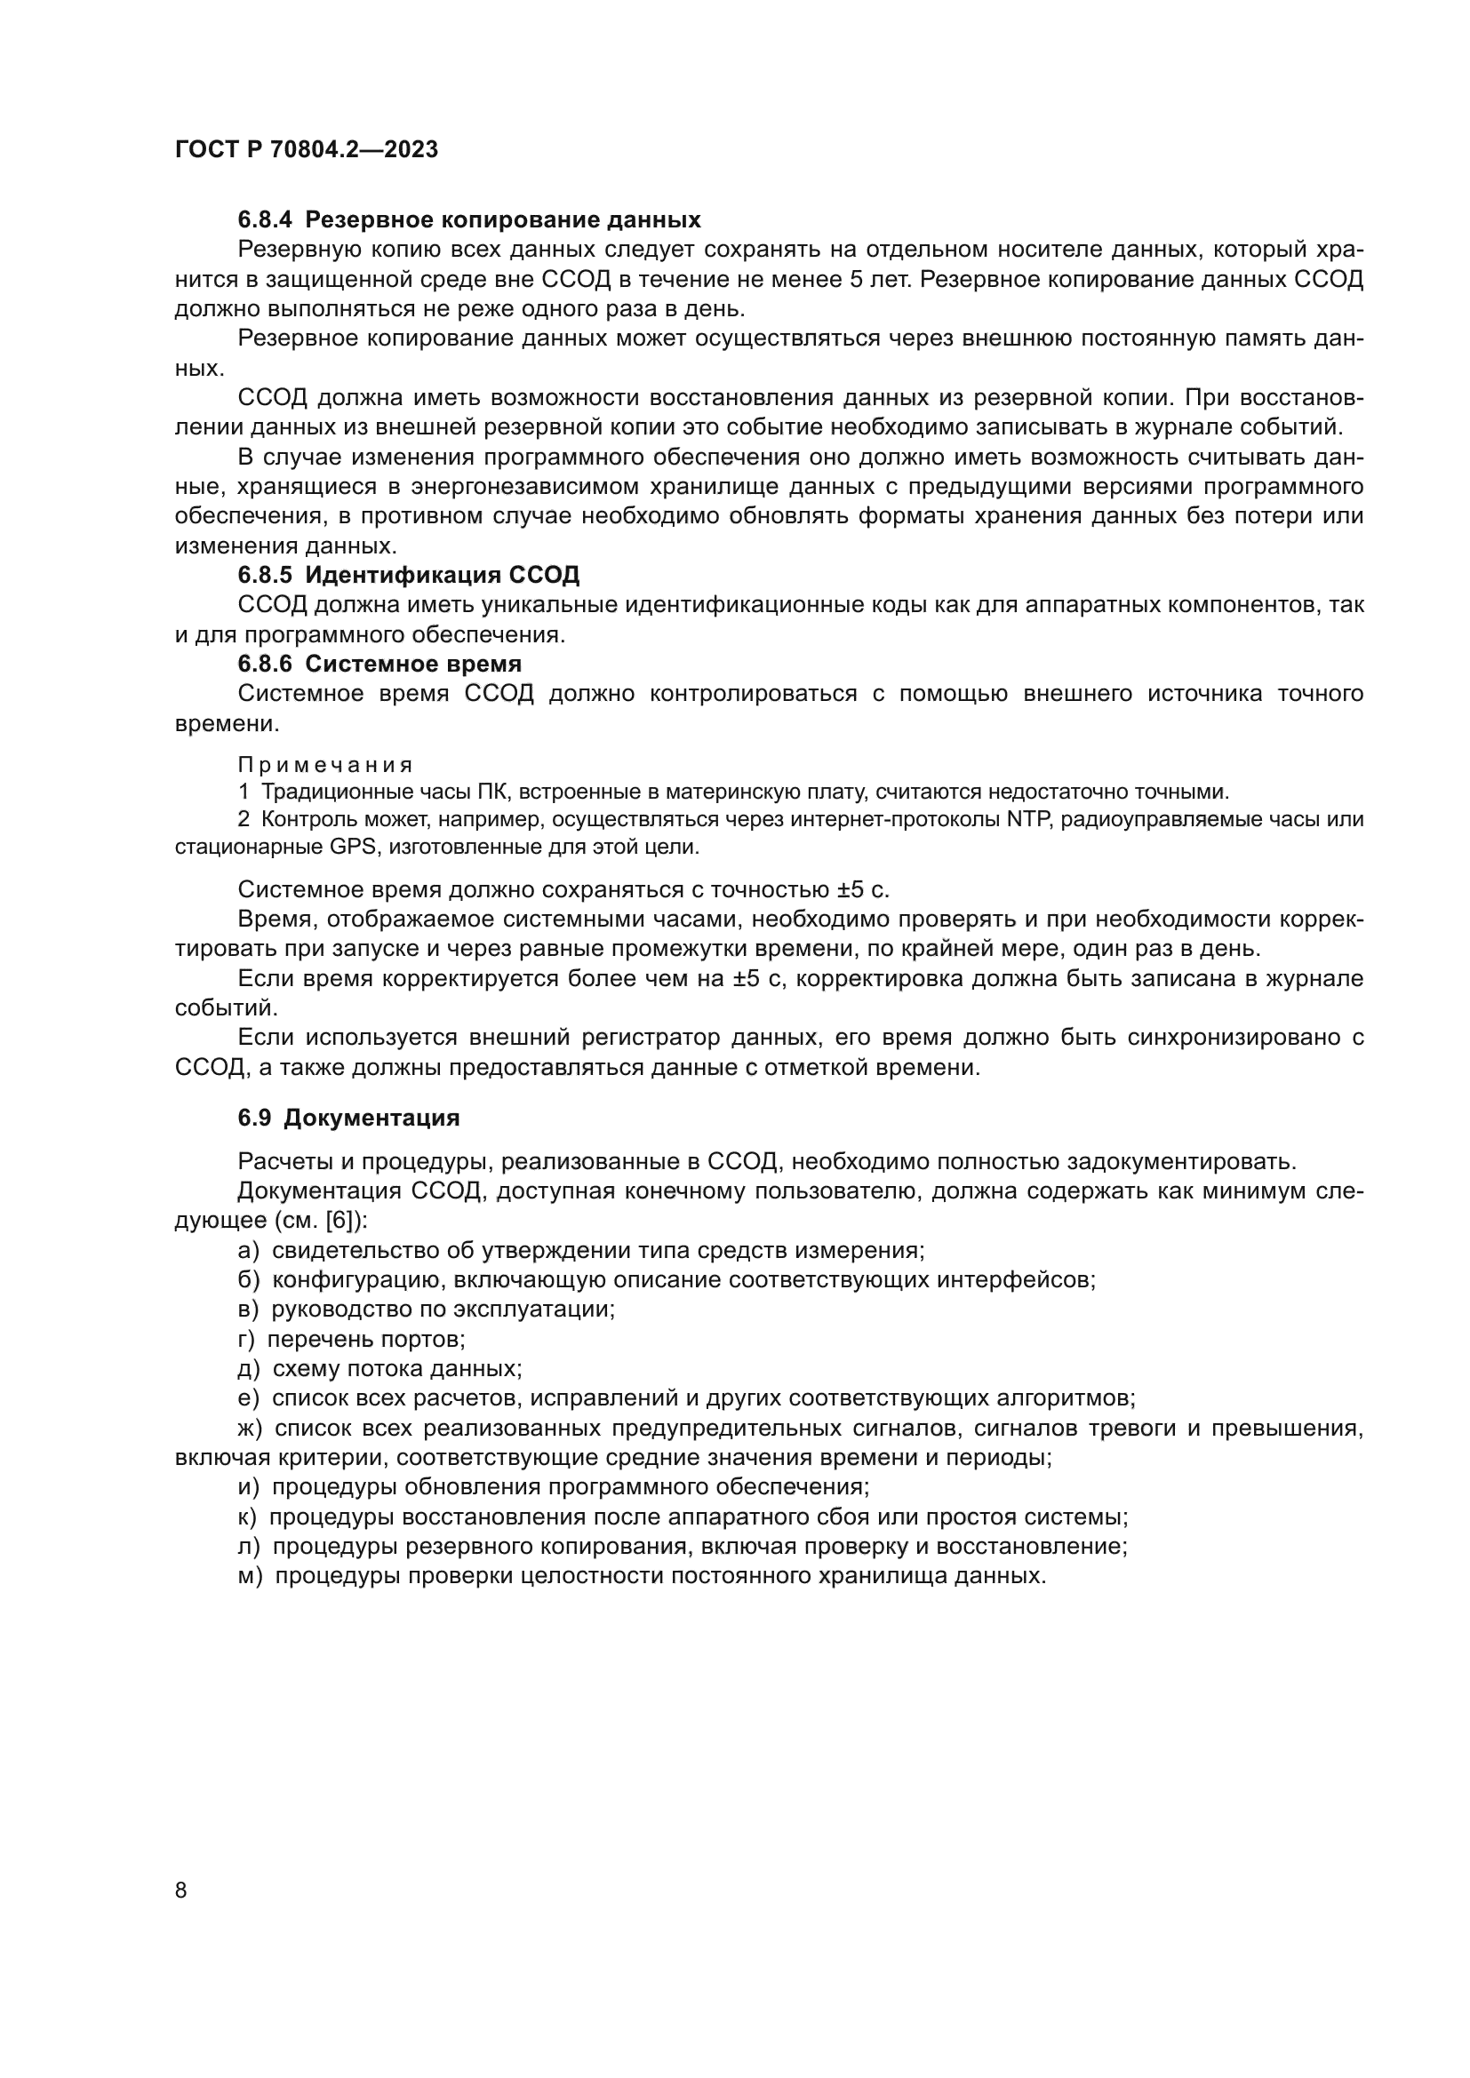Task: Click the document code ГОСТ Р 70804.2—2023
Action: (x=306, y=150)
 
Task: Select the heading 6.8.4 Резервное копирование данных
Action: (x=469, y=220)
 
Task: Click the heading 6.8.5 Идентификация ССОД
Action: (x=408, y=575)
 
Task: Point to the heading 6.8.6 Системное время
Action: (x=379, y=664)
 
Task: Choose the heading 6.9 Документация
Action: (x=348, y=1118)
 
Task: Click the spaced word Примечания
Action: (x=326, y=765)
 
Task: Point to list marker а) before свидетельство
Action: (x=248, y=1251)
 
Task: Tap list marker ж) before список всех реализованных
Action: (x=250, y=1429)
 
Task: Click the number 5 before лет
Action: (x=855, y=280)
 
